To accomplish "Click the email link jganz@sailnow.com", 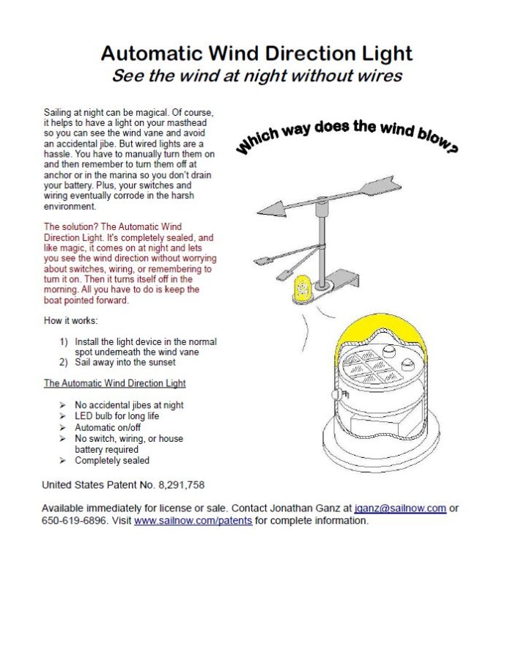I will [x=400, y=508].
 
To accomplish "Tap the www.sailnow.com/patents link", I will [x=193, y=521].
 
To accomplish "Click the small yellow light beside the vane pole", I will [x=300, y=289].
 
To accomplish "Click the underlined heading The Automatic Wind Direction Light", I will [x=114, y=383].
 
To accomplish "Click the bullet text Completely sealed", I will [x=111, y=460].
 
